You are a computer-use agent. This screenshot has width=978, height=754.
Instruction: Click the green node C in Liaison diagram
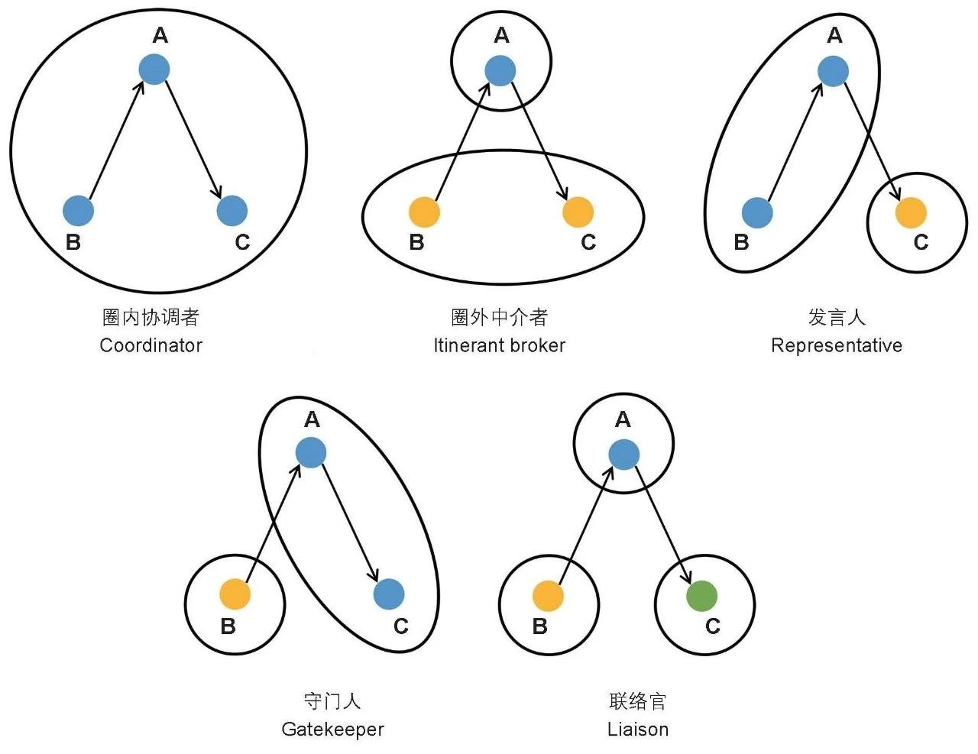click(702, 596)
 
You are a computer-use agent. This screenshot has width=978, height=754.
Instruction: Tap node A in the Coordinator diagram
click(154, 70)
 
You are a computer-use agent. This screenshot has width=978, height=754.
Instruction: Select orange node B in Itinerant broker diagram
click(424, 212)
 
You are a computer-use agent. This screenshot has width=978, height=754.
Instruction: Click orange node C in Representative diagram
click(911, 212)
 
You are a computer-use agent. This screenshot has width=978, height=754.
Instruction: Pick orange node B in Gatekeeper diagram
click(235, 594)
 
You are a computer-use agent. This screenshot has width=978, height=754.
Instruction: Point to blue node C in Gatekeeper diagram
click(389, 594)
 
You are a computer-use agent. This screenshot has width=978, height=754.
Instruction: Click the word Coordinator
click(151, 345)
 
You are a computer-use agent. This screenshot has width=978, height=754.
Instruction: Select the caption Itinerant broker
click(499, 345)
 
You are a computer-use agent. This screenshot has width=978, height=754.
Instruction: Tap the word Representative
click(836, 345)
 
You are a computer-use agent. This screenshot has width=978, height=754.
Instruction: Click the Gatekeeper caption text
click(332, 730)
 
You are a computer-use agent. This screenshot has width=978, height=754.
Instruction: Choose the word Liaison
click(638, 730)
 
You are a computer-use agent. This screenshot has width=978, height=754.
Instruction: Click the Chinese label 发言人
click(836, 317)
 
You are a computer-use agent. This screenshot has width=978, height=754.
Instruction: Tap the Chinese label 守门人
click(332, 701)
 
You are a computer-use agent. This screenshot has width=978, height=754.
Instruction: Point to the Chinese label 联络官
click(638, 701)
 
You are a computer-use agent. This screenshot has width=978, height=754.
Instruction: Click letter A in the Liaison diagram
click(623, 419)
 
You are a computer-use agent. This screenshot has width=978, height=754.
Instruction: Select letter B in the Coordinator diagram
click(73, 242)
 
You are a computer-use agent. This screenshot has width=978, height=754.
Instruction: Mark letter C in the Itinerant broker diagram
click(588, 242)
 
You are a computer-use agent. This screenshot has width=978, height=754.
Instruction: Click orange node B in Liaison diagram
click(548, 596)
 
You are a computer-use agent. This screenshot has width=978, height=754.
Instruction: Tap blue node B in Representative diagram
click(757, 212)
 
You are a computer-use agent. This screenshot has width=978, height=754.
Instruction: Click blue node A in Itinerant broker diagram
click(500, 72)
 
